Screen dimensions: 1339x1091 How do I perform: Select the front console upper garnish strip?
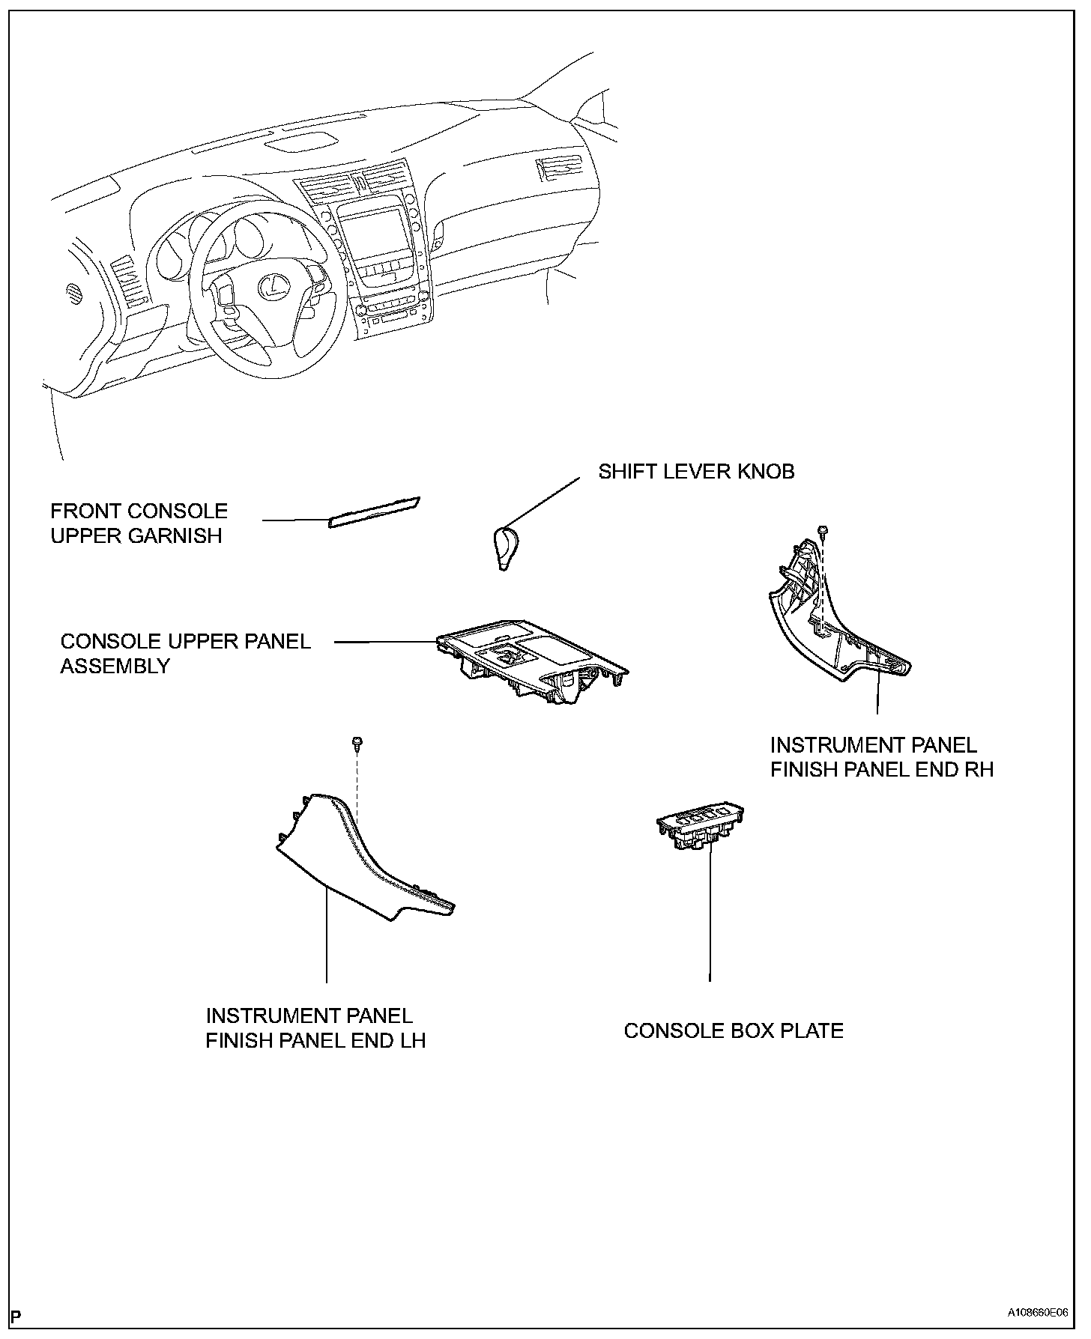[x=374, y=512]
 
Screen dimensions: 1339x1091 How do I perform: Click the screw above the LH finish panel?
[x=357, y=742]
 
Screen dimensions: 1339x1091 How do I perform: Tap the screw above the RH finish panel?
[x=823, y=531]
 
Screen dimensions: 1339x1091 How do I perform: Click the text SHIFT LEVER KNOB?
[x=695, y=472]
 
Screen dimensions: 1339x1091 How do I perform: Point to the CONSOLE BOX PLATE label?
[x=733, y=1030]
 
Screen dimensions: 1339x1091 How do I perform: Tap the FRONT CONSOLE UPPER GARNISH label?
[x=139, y=523]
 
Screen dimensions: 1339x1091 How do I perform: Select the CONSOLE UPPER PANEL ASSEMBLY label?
[x=184, y=653]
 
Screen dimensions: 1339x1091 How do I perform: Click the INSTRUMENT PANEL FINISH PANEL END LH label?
[x=315, y=1027]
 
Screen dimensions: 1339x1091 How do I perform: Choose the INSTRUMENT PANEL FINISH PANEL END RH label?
[x=881, y=757]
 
